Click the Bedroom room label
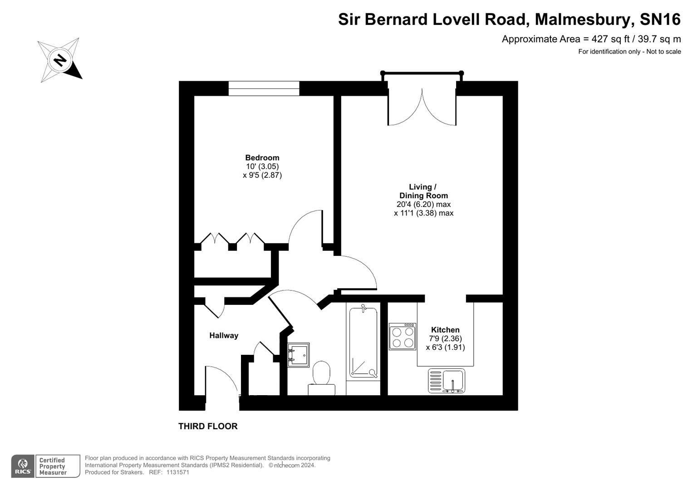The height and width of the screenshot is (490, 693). click(x=262, y=158)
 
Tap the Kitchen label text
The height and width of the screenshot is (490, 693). click(x=445, y=330)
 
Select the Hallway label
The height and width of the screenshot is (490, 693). click(x=224, y=336)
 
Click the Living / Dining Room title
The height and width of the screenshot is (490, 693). click(x=423, y=191)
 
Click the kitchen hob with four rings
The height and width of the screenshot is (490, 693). click(x=402, y=337)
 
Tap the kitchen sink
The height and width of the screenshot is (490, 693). click(x=447, y=381)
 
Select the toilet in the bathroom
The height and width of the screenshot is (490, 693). click(x=321, y=378)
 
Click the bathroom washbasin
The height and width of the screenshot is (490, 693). click(x=298, y=355)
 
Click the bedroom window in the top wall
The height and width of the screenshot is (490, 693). click(x=264, y=88)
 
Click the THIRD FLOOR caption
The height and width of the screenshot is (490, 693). click(x=208, y=426)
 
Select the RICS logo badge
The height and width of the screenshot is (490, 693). click(x=23, y=466)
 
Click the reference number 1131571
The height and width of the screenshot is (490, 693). click(x=177, y=472)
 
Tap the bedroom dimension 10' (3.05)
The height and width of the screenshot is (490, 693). click(x=262, y=167)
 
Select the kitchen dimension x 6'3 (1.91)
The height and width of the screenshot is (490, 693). click(x=445, y=347)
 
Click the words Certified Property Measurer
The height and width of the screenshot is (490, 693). click(x=53, y=466)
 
